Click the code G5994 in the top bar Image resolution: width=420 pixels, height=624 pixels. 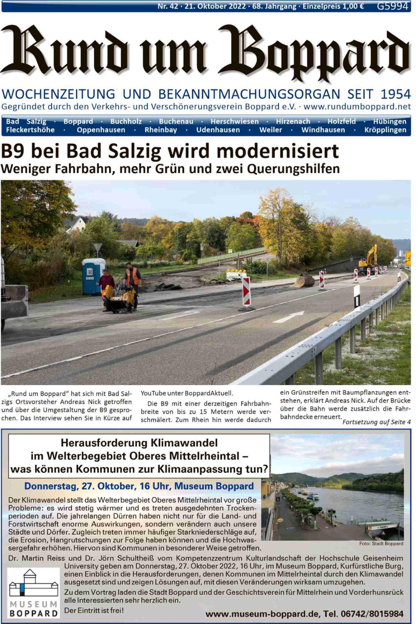click(392, 6)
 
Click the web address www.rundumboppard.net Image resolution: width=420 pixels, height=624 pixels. click(357, 106)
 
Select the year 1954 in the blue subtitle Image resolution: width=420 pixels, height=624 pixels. click(395, 94)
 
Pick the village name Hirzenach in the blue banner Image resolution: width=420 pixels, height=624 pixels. click(293, 121)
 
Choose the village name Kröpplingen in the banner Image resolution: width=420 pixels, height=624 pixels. click(385, 130)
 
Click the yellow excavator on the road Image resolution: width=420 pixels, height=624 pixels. click(369, 257)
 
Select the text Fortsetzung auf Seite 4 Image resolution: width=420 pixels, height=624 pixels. click(376, 422)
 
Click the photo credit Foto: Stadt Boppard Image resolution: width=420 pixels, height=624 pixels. click(381, 543)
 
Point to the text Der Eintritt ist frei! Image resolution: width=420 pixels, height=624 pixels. click(94, 610)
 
